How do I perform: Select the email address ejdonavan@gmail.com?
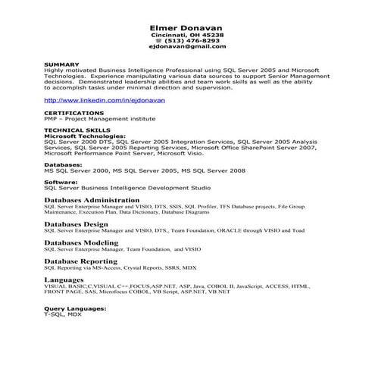pyautogui.click(x=187, y=47)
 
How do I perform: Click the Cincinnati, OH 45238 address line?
pyautogui.click(x=187, y=35)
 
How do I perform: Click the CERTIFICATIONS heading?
pyautogui.click(x=74, y=113)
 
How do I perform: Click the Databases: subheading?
pyautogui.click(x=63, y=164)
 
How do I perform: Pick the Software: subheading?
pyautogui.click(x=61, y=182)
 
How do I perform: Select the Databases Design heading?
pyautogui.click(x=76, y=224)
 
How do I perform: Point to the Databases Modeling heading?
pyautogui.click(x=81, y=242)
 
